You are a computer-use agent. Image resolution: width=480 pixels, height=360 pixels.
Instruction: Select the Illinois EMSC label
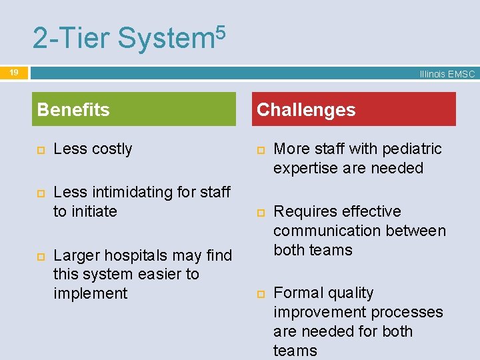click(x=447, y=75)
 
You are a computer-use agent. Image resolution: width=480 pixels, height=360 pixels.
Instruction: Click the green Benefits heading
click(x=73, y=109)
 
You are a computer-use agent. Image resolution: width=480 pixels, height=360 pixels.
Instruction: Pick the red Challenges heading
click(x=306, y=109)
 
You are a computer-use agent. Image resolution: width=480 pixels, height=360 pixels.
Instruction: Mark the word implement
click(x=90, y=293)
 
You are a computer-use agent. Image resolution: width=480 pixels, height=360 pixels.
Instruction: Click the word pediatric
click(x=413, y=149)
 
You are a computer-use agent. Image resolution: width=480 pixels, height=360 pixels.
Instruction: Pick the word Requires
click(x=304, y=211)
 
